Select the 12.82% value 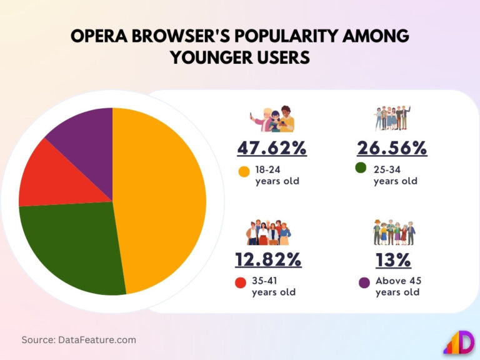268,259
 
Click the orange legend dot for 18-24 244,171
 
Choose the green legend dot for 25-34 361,167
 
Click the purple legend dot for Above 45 364,282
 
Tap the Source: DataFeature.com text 79,340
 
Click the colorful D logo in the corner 459,341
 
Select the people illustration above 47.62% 272,118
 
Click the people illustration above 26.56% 392,117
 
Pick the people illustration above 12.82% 268,232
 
